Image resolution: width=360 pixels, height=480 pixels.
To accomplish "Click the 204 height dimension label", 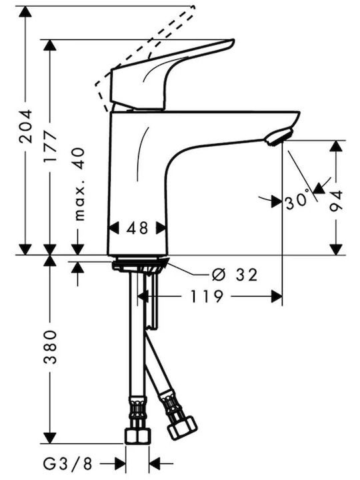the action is [x=25, y=126].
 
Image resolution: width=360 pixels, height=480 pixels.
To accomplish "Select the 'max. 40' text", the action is [x=79, y=184].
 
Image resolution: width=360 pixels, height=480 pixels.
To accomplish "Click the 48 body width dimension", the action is [x=137, y=228].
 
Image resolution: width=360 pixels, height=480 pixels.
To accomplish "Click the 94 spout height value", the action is [x=336, y=201].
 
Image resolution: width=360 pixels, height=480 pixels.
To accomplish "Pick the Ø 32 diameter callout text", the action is [x=235, y=275].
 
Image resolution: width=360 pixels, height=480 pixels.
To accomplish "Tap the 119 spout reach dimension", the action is [x=207, y=296].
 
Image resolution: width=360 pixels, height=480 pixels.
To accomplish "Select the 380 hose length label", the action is [x=50, y=347].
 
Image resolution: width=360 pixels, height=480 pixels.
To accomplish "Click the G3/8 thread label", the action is [x=67, y=464].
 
